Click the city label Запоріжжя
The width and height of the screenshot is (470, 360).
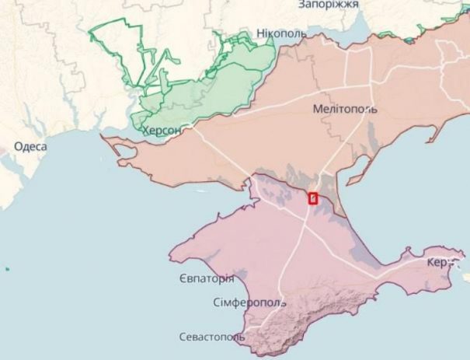(328, 5)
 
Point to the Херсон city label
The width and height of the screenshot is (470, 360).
(162, 131)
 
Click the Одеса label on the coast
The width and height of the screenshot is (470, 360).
(30, 147)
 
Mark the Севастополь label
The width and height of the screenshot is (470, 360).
(211, 337)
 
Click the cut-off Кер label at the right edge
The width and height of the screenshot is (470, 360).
(438, 263)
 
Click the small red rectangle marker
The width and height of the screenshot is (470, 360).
(313, 197)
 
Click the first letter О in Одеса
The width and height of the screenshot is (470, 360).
(18, 147)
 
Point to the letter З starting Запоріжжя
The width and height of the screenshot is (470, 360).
(302, 5)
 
